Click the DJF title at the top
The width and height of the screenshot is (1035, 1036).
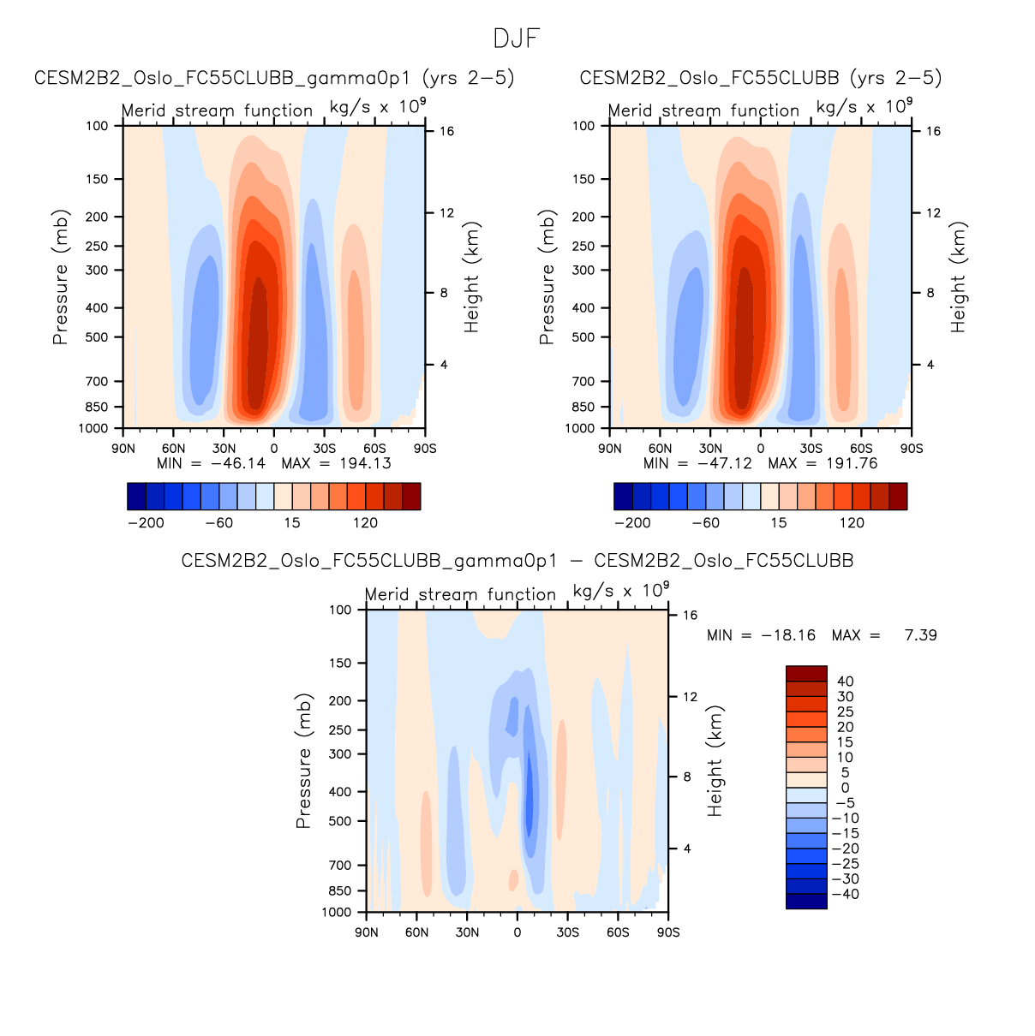click(517, 39)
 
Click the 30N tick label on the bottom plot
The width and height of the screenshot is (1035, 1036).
click(467, 932)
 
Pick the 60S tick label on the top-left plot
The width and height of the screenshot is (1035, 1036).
click(374, 448)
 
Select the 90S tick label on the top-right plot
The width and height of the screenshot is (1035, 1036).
click(912, 448)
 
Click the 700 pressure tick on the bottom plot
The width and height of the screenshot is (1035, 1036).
click(341, 866)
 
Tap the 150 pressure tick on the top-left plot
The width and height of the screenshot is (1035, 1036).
click(98, 179)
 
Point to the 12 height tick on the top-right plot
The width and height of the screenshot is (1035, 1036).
click(933, 213)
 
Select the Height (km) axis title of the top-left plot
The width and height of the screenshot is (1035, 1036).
click(472, 277)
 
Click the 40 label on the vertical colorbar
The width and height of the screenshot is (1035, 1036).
click(845, 682)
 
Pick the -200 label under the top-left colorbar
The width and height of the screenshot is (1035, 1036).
click(146, 523)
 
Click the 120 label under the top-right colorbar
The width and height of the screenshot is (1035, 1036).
click(852, 523)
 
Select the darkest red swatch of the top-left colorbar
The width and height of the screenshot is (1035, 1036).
click(411, 497)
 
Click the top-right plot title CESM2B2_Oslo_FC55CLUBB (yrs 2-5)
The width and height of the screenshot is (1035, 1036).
click(761, 78)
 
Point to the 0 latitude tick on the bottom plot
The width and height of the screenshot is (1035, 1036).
click(517, 932)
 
